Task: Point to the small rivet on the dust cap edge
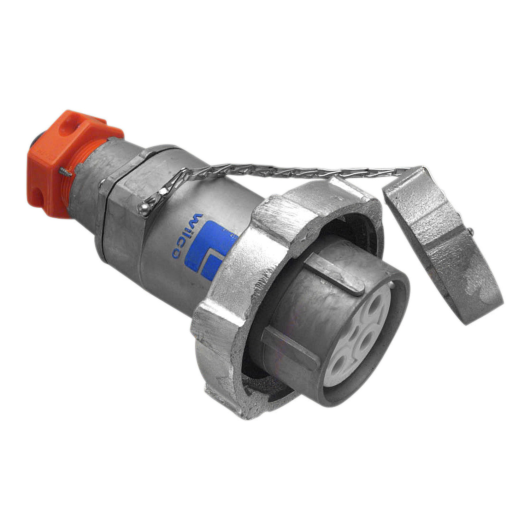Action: [x=472, y=230]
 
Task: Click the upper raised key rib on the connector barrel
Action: [x=334, y=274]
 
